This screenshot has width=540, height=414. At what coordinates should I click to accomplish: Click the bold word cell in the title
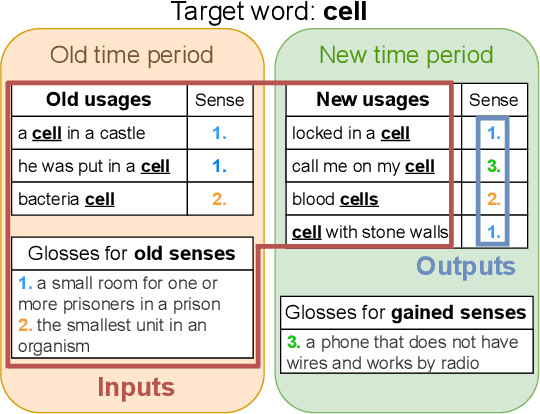click(x=345, y=13)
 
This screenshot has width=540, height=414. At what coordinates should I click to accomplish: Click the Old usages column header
click(x=99, y=100)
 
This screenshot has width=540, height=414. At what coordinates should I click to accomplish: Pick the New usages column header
click(x=372, y=100)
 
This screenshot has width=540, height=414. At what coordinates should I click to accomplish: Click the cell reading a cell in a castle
click(x=81, y=133)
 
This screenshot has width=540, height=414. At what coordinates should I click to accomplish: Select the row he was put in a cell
click(x=93, y=166)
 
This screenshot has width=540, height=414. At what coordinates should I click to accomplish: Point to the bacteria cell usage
click(x=66, y=199)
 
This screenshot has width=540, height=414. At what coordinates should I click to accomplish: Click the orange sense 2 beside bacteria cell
click(x=220, y=199)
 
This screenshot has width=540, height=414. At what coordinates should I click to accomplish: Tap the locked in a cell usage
click(x=351, y=133)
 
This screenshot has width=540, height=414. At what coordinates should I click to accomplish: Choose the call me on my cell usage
click(x=363, y=166)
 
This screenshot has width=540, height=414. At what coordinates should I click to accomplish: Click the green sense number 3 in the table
click(x=493, y=166)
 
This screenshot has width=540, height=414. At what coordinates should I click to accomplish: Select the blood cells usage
click(x=335, y=199)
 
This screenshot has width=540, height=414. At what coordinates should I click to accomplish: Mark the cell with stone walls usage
click(x=370, y=232)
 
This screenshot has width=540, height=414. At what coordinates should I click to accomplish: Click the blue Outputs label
click(x=466, y=266)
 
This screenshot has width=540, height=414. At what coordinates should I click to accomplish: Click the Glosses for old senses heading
click(x=132, y=253)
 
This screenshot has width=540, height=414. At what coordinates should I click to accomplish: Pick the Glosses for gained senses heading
click(x=404, y=313)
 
